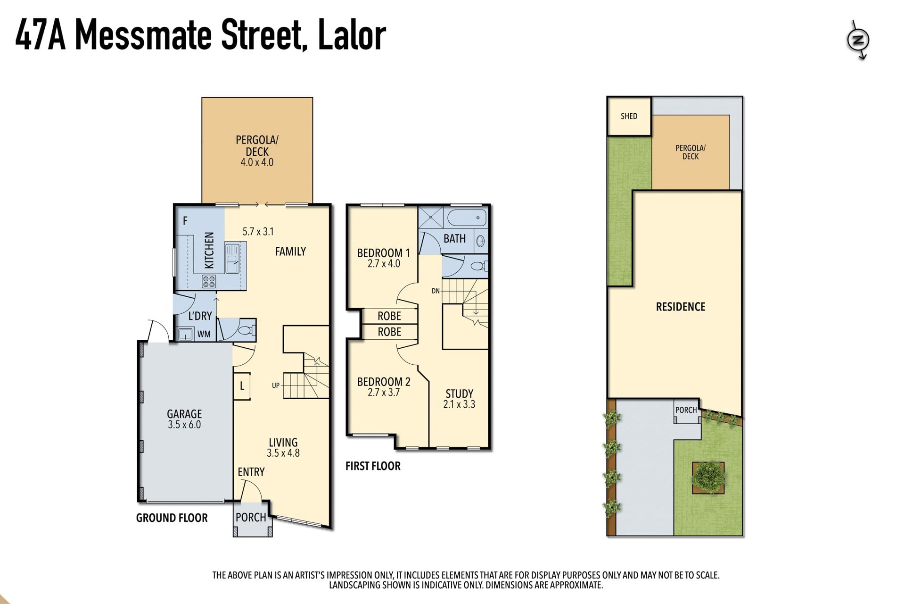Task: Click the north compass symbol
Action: [x=858, y=40]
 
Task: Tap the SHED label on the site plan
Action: [x=629, y=116]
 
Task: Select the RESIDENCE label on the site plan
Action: [x=681, y=307]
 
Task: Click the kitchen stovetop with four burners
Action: [x=209, y=282]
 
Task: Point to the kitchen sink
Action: [x=232, y=258]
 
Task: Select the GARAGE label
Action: [x=184, y=414]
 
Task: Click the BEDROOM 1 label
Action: [x=384, y=253]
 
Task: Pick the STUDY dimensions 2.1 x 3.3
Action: [x=459, y=404]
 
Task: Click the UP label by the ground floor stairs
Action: [x=276, y=386]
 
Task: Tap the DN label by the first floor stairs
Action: [x=436, y=291]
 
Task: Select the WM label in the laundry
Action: [x=204, y=334]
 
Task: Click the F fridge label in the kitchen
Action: [x=185, y=220]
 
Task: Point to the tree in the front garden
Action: [x=708, y=478]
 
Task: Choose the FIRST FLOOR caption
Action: [x=373, y=466]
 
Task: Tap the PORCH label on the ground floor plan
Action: [x=251, y=517]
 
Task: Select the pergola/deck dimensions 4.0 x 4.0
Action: [x=257, y=162]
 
